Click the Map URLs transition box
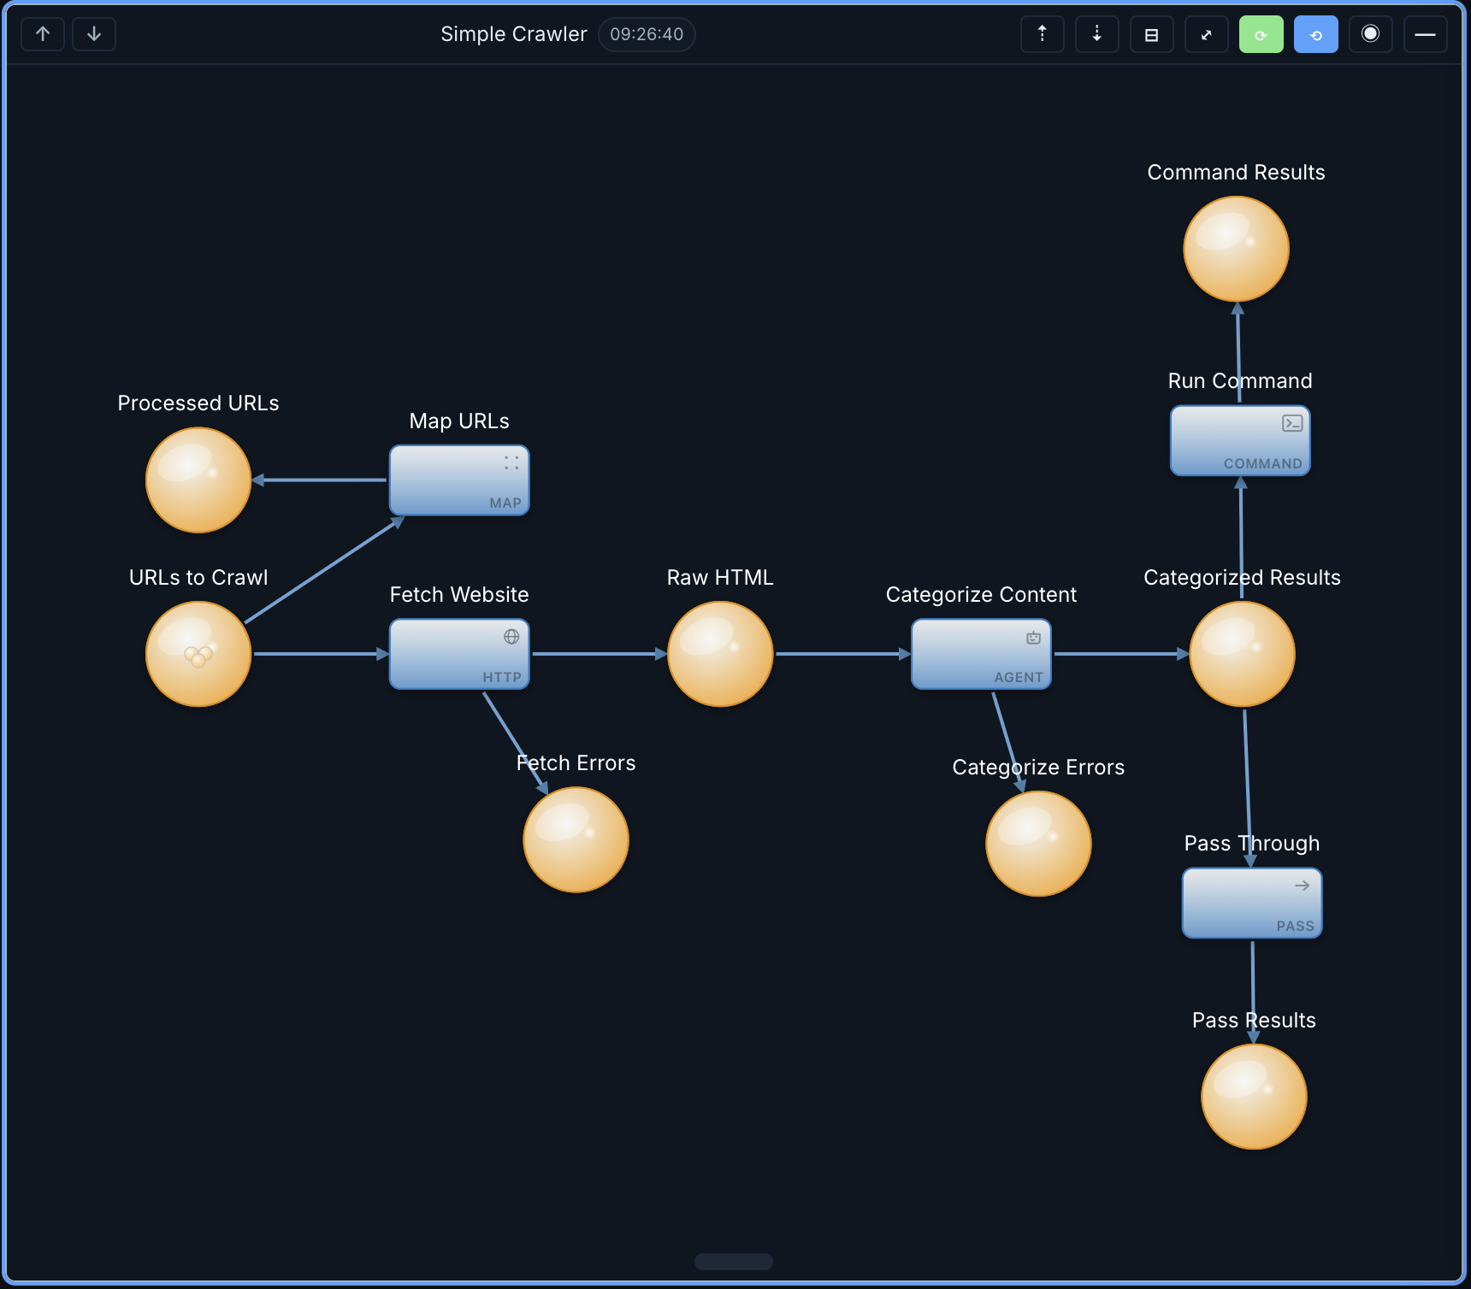[x=459, y=480]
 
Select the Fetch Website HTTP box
[x=459, y=654]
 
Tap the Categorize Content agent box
[x=981, y=654]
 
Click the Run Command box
[x=1240, y=440]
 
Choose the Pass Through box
[x=1252, y=903]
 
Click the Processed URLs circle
[x=198, y=480]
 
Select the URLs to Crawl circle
[x=198, y=654]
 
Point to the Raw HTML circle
[x=720, y=654]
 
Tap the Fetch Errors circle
[x=576, y=839]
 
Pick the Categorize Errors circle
[x=1038, y=844]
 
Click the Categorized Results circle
[x=1242, y=654]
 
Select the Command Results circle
[x=1236, y=249]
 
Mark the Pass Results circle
[x=1254, y=1097]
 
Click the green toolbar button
[x=1261, y=34]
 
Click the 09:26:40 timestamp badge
[x=647, y=34]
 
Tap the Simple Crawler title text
[x=513, y=34]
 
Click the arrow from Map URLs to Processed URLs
[x=321, y=480]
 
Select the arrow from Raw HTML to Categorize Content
[x=842, y=654]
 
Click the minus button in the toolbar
[x=1425, y=34]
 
